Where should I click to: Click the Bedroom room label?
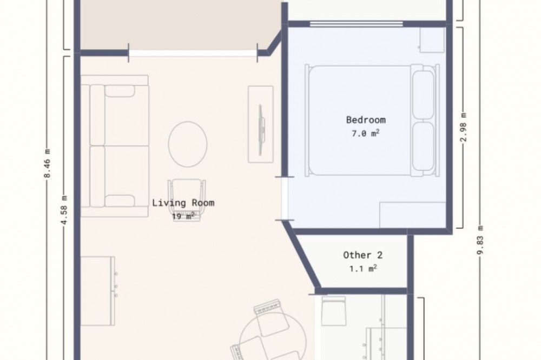[366, 120]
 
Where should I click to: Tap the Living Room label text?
[183, 202]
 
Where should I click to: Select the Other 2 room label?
[362, 255]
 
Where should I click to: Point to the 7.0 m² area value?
[366, 133]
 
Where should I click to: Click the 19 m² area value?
[183, 216]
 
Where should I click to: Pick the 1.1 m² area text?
[362, 268]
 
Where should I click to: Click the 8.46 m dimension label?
[47, 163]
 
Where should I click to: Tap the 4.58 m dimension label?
[64, 210]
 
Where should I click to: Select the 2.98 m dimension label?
[464, 127]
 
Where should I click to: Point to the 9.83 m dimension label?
[480, 240]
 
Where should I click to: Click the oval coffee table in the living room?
[188, 144]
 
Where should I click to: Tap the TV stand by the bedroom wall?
[261, 124]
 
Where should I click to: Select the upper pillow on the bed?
[423, 95]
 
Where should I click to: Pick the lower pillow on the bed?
[423, 146]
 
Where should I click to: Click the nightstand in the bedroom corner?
[431, 40]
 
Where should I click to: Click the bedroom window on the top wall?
[357, 24]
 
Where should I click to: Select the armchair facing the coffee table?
[187, 201]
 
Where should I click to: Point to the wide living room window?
[193, 53]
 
